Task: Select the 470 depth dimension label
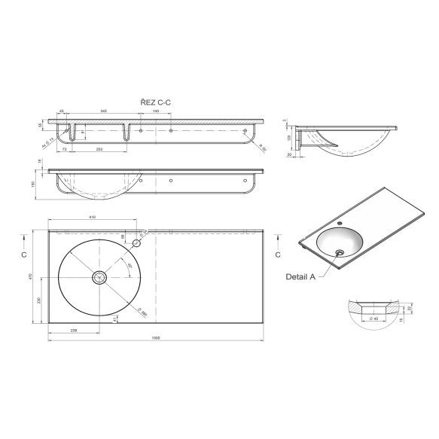tap(29, 276)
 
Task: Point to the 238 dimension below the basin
tap(74, 329)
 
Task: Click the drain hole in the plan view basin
tap(100, 277)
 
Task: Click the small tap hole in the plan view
tap(138, 243)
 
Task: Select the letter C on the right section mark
tap(279, 255)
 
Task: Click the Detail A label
tap(300, 276)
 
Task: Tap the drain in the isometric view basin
tap(340, 252)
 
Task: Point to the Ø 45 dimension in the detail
tap(373, 319)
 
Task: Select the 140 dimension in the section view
tap(155, 111)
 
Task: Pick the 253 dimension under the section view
tap(99, 150)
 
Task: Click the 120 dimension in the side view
tap(288, 139)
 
